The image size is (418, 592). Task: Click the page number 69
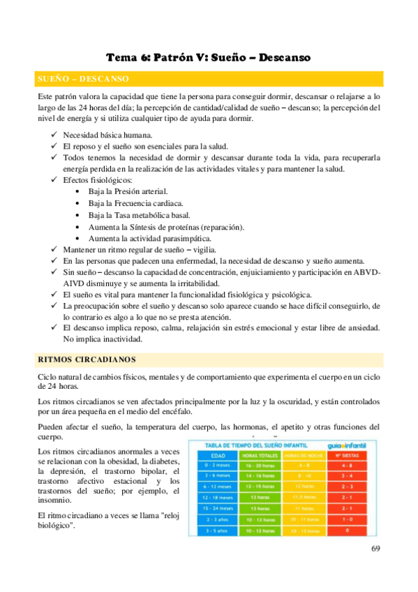point(375,548)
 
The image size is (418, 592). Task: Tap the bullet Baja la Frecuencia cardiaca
point(133,202)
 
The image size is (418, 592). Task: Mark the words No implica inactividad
point(103,339)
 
